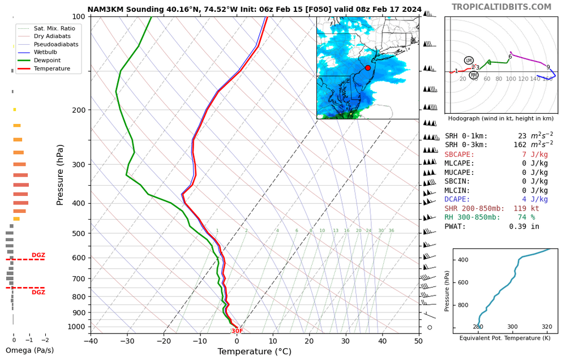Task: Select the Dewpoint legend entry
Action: point(46,61)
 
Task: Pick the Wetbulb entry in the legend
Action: point(46,52)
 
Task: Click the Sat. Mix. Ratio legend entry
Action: point(54,28)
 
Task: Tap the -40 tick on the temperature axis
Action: point(91,341)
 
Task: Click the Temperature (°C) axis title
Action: point(254,352)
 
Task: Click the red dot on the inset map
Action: point(368,68)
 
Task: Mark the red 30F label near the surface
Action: point(237,331)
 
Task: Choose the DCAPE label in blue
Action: point(460,199)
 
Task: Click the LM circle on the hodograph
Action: point(469,61)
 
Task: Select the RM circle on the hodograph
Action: point(474,75)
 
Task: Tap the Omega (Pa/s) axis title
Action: point(29,350)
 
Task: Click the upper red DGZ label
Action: point(38,256)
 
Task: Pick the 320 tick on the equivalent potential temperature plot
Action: point(547,327)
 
